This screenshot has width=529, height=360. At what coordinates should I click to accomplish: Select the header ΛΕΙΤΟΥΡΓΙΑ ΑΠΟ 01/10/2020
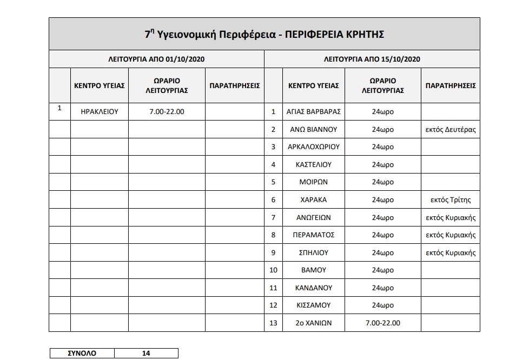[x=156, y=59]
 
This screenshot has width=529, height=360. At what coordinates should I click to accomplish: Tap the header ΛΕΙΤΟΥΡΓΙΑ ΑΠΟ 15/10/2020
[x=372, y=59]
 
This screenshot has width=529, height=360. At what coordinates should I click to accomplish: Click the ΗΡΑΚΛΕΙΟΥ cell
[x=100, y=112]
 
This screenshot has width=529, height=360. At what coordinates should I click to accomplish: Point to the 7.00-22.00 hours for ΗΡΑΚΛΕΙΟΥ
[x=167, y=112]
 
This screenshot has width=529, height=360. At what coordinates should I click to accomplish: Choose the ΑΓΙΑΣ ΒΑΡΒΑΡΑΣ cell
[x=313, y=112]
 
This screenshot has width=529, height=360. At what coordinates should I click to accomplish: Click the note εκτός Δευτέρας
[x=451, y=130]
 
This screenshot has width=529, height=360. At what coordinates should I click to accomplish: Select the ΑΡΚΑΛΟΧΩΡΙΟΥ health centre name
[x=313, y=147]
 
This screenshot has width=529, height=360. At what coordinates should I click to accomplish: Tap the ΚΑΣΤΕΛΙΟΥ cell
[x=313, y=164]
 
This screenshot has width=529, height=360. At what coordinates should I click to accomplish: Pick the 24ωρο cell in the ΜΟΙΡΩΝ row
[x=382, y=182]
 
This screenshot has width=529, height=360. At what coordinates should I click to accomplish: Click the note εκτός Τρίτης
[x=451, y=200]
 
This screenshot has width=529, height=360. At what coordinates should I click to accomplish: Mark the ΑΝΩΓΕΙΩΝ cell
[x=313, y=217]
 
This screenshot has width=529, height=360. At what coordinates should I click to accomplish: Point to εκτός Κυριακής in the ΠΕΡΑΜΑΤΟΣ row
[x=451, y=235]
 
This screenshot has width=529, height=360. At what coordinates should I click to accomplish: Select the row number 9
[x=273, y=252]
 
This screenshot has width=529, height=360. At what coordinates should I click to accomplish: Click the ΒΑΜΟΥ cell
[x=313, y=270]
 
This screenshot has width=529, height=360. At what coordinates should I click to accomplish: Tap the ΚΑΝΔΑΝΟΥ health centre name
[x=313, y=288]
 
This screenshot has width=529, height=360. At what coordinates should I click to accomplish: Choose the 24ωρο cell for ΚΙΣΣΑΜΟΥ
[x=382, y=305]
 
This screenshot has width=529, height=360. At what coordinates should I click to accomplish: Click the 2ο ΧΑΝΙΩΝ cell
[x=313, y=323]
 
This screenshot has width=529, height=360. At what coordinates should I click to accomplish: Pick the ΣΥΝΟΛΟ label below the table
[x=81, y=354]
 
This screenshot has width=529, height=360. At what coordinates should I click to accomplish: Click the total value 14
[x=146, y=354]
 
